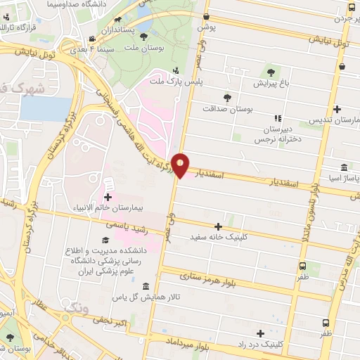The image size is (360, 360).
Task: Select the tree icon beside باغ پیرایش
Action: click(x=271, y=72)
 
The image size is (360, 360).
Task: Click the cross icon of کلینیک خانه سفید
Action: click(x=218, y=226)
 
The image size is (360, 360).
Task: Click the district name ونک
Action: click(x=77, y=307)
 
